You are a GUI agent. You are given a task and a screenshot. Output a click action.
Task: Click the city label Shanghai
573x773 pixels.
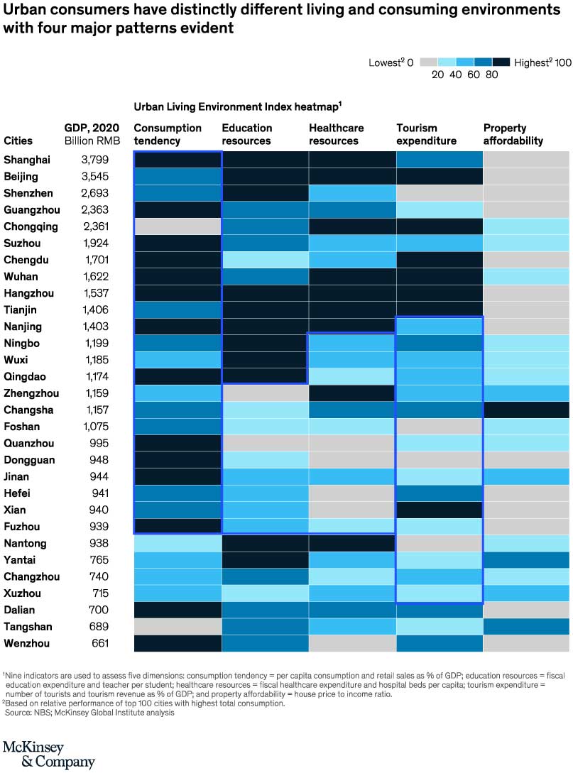21,160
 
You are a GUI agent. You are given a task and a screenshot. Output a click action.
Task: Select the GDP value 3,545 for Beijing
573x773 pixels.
94,177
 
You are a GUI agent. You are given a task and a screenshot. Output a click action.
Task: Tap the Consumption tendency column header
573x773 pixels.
168,134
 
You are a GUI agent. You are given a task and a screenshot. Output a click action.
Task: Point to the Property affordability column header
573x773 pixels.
513,134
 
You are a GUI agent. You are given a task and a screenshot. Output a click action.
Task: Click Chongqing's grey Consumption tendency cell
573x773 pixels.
178,227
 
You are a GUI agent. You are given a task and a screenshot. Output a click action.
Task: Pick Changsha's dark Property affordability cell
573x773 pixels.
526,410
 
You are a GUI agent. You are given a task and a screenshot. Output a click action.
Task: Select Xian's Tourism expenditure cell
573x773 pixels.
439,510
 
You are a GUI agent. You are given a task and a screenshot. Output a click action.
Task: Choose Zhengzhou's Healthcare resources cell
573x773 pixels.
351,393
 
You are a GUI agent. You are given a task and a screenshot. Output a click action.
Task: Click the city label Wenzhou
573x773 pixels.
22,644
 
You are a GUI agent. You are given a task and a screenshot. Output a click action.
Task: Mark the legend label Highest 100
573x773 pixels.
542,62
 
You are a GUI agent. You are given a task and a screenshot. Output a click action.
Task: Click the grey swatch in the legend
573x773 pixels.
428,62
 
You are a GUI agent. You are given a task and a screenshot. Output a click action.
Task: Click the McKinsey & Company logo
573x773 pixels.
48,755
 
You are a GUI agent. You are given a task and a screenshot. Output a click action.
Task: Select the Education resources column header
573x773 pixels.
247,134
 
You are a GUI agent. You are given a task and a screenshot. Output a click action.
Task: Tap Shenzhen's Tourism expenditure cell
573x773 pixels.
439,194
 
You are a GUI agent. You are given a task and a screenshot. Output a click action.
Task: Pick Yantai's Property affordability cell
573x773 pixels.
526,560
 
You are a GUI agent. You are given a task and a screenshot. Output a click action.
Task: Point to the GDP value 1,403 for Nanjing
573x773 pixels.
94,327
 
